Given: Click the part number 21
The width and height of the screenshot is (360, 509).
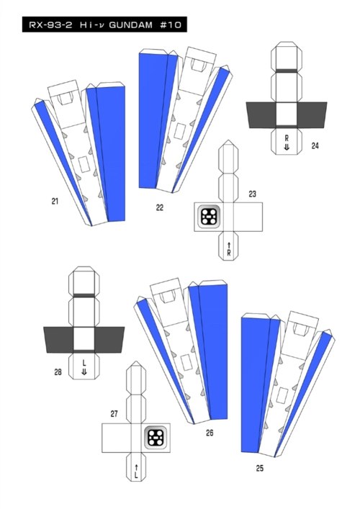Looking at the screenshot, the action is pos(55,202).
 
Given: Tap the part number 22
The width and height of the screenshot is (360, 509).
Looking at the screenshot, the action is pos(160,208).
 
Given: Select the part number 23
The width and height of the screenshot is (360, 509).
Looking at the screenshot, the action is pos(252,194).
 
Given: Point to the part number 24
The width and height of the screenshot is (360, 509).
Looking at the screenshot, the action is pos(315,145).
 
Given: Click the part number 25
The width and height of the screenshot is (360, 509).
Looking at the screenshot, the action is pos(260,468).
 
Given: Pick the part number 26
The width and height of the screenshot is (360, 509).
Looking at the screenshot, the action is pos(210,433).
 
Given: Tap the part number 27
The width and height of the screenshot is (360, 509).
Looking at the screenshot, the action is pos(114,414).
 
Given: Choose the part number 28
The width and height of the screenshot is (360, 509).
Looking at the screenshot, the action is pos(58,372).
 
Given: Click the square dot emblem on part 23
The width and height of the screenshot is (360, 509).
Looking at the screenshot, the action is pos(209,217).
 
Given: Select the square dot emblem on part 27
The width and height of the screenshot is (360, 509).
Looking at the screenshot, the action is pos(156,438).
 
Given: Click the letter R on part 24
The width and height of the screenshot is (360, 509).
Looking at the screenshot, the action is pos(287,139).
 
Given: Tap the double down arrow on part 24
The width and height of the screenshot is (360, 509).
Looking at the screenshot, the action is pos(287,148).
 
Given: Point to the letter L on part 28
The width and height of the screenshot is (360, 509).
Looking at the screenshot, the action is pos(84,363).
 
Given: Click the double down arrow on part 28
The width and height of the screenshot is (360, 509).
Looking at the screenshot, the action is pos(84,372).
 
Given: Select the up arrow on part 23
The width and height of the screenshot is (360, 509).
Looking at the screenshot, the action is pos(229,245).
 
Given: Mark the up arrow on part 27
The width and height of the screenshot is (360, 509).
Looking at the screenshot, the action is pos(136,467).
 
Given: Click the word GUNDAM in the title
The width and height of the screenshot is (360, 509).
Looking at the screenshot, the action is pos(131,25).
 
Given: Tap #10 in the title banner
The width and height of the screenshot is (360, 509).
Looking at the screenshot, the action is pos(171,25).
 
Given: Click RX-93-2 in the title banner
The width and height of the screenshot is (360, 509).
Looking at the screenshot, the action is pos(50,25).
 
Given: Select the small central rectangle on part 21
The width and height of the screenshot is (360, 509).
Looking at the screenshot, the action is pos(84,165).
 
